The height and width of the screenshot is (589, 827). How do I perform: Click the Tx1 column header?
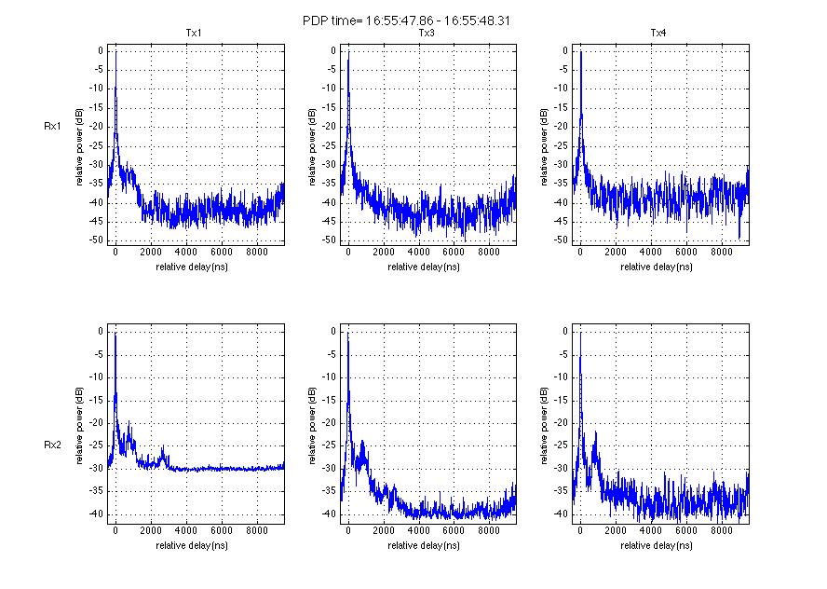(194, 34)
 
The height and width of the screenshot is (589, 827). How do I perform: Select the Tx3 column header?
(427, 34)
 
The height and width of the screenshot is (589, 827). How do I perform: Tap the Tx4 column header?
(658, 34)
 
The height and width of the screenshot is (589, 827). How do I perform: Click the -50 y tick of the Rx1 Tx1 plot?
(96, 240)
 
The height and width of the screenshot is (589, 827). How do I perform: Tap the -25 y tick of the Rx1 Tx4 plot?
(561, 145)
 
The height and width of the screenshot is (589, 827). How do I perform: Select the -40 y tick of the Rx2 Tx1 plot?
(96, 514)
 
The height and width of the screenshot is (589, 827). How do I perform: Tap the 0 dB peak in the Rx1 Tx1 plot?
(115, 52)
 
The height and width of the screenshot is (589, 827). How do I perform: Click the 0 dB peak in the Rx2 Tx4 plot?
(580, 333)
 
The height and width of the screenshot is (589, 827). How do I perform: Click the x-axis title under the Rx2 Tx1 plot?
(194, 545)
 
